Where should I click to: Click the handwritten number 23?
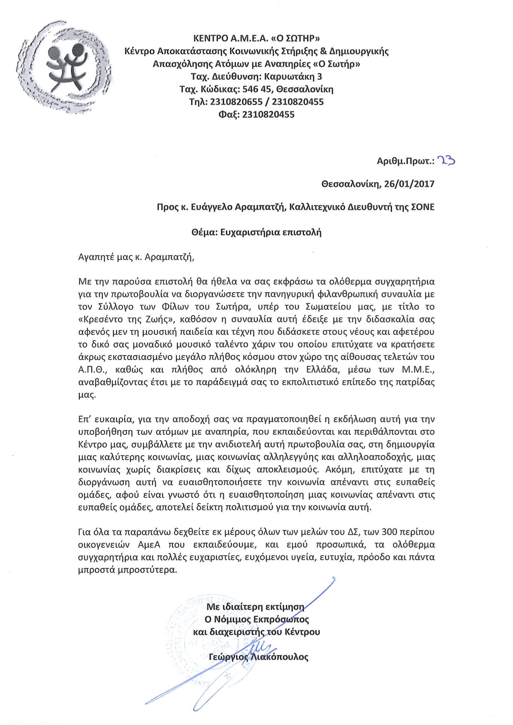click(x=447, y=160)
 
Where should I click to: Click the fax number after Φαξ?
click(x=268, y=114)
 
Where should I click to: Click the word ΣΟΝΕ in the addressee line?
click(x=423, y=207)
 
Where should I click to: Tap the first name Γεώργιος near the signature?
click(x=228, y=657)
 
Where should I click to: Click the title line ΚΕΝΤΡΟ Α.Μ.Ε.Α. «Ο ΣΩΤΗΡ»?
click(x=256, y=38)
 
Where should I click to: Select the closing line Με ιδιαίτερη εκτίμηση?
click(x=255, y=607)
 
